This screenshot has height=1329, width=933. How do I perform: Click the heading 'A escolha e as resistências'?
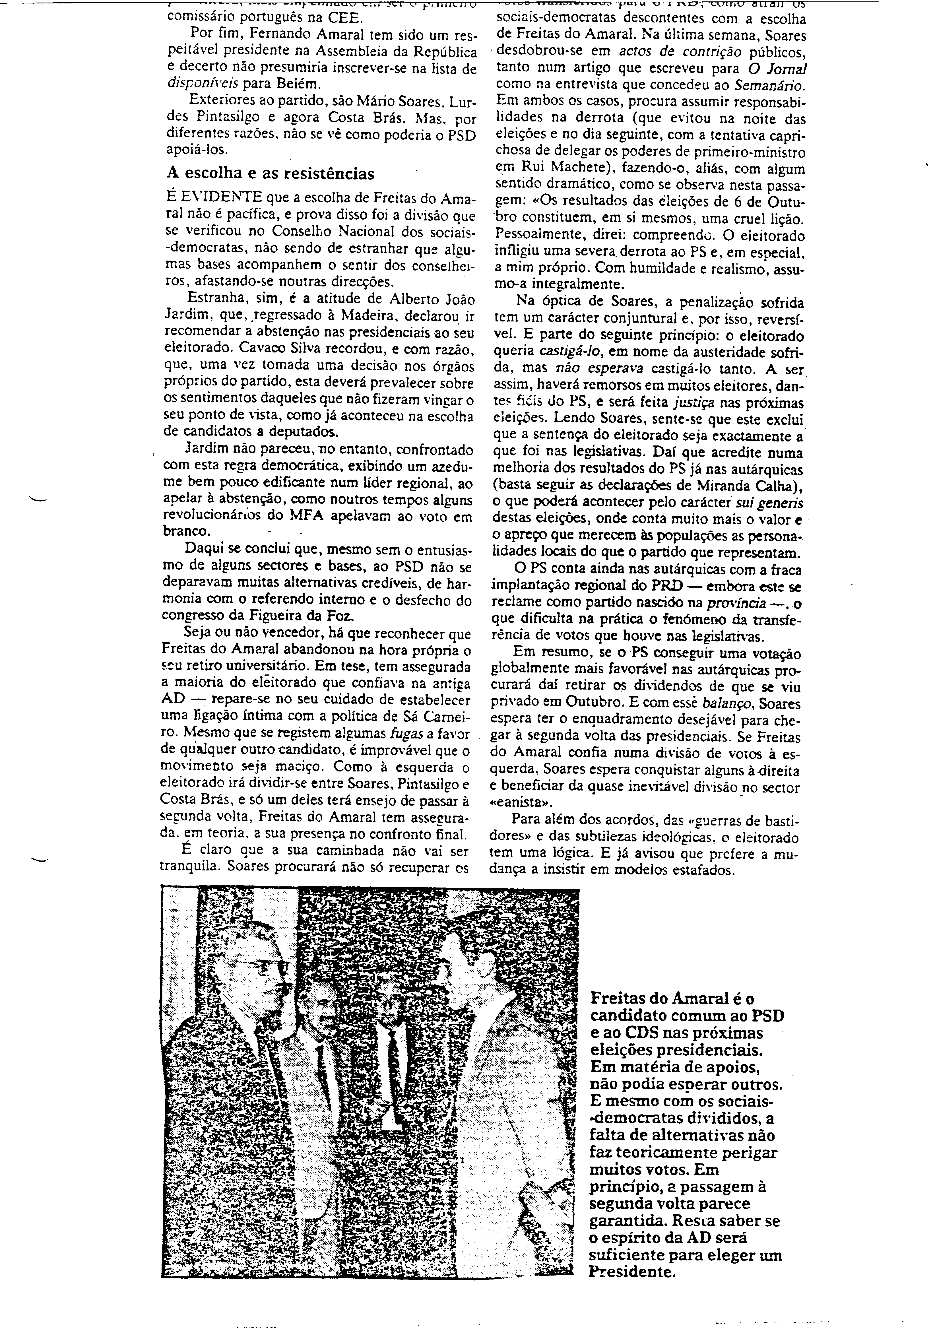pyautogui.click(x=270, y=173)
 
